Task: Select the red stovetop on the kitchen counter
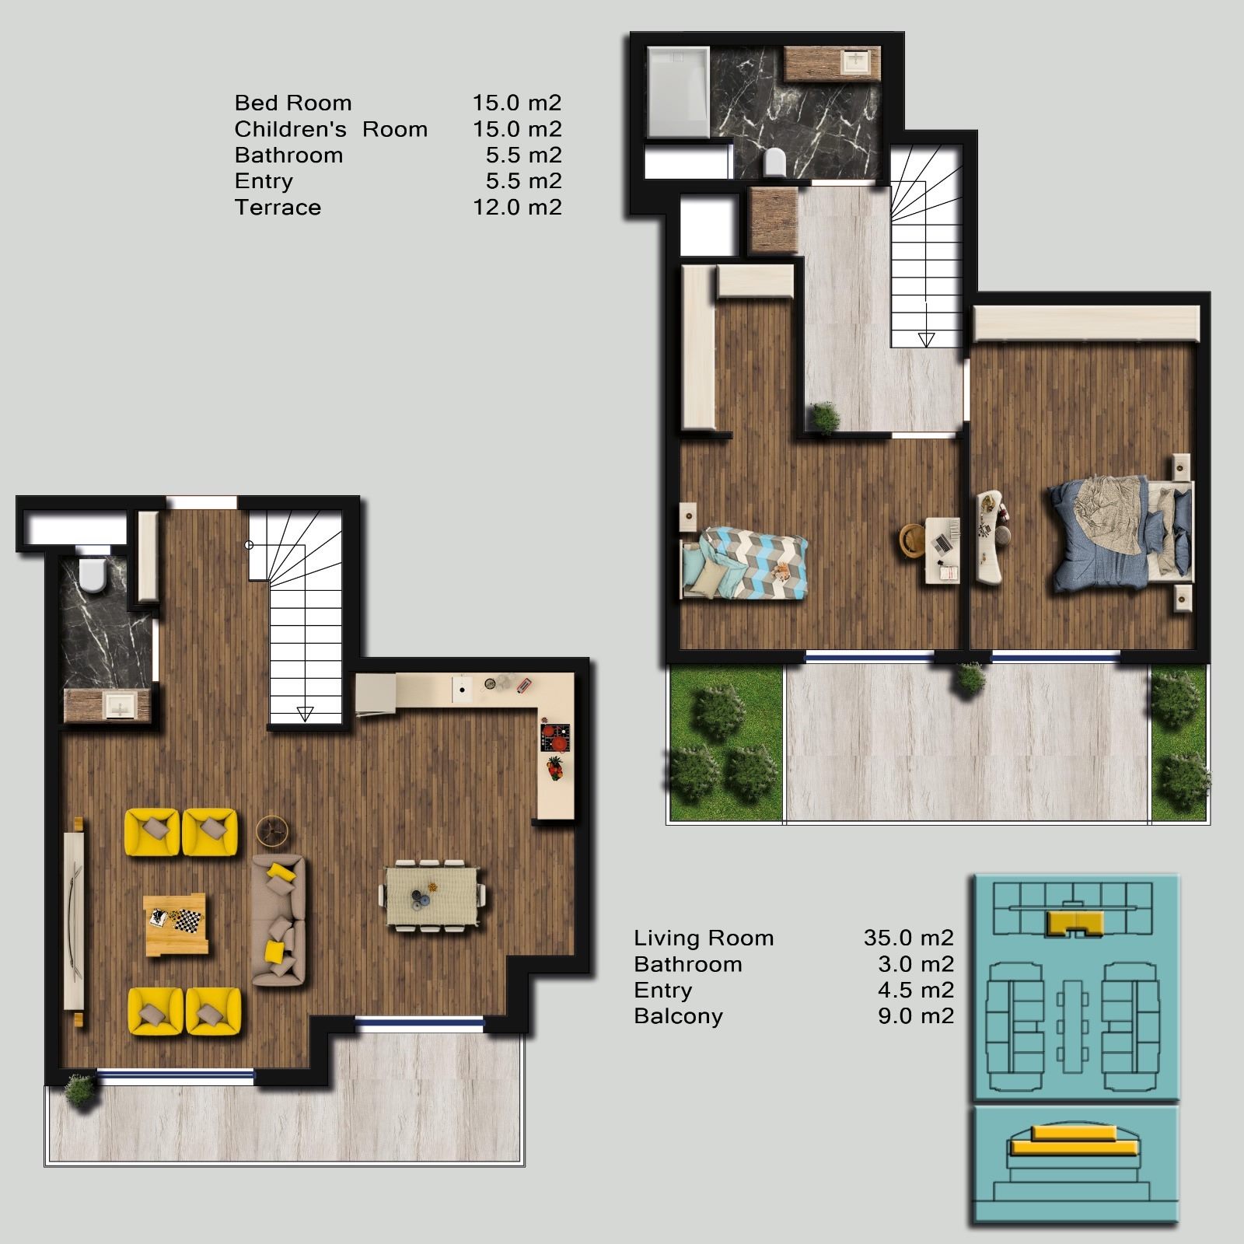(556, 737)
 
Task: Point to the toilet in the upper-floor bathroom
(775, 162)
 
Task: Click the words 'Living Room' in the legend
(704, 938)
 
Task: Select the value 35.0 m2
(908, 938)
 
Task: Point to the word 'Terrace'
(278, 208)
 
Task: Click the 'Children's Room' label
(331, 129)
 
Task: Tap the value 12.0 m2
(517, 208)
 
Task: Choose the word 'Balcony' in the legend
(678, 1017)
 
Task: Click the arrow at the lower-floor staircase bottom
(306, 714)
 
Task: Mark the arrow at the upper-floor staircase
(926, 339)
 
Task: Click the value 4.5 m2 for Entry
(915, 991)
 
